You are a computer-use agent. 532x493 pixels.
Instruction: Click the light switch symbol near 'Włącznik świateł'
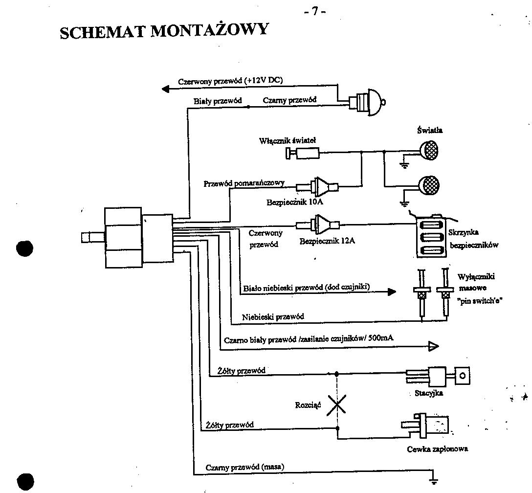(304, 154)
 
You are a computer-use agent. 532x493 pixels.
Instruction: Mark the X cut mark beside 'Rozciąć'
(336, 404)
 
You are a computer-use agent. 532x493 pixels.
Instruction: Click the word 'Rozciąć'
(308, 405)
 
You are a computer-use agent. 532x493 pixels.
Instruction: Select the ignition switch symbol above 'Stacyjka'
(438, 377)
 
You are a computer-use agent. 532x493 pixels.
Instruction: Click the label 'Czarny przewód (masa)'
(245, 467)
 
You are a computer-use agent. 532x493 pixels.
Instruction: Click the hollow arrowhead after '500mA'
(433, 347)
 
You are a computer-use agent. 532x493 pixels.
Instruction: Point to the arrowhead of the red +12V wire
(165, 89)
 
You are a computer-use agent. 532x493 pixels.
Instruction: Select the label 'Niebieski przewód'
(273, 317)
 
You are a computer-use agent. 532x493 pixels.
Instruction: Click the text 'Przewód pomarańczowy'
(244, 183)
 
